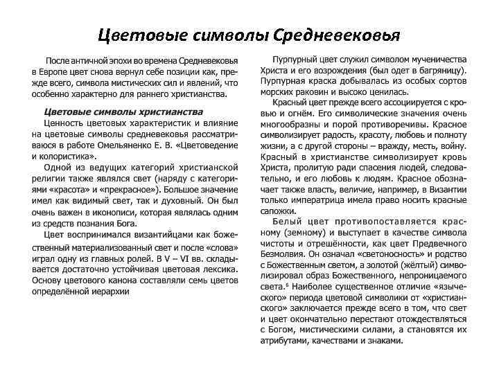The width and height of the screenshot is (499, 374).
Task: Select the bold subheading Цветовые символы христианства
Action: click(x=123, y=112)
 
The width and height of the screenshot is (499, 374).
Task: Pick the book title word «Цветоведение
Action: click(x=203, y=145)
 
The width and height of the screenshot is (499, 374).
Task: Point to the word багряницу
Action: click(x=441, y=71)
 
